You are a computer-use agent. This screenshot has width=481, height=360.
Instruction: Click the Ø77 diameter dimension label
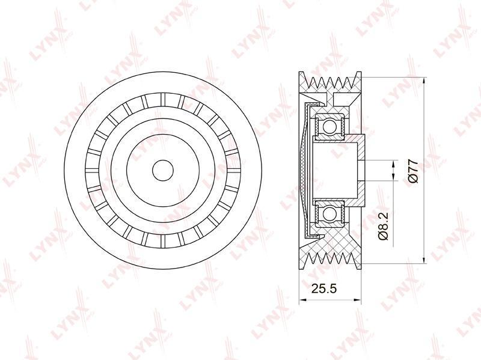(x=413, y=171)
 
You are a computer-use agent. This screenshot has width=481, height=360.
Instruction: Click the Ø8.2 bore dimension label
(x=384, y=226)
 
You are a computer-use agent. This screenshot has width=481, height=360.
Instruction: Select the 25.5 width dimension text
(x=324, y=288)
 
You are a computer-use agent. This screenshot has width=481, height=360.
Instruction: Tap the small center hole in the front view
(x=163, y=171)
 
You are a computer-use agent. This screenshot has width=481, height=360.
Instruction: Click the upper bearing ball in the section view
(x=329, y=126)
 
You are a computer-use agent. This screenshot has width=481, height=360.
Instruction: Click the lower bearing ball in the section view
(x=329, y=213)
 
